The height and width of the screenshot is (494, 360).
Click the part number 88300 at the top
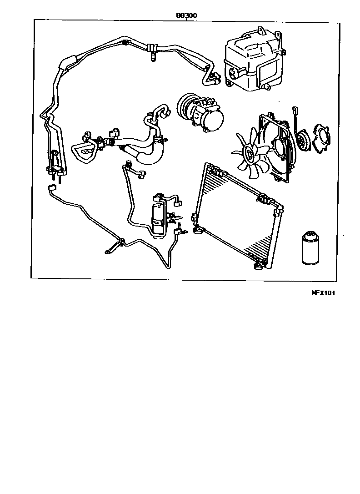coord(186,15)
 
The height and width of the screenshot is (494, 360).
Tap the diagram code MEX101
coord(323,293)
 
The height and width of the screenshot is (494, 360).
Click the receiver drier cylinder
coord(158,216)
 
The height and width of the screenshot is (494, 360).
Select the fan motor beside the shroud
coord(300,141)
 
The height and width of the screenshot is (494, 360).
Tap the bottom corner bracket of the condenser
coord(260,262)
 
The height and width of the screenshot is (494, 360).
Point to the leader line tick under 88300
coord(186,20)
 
